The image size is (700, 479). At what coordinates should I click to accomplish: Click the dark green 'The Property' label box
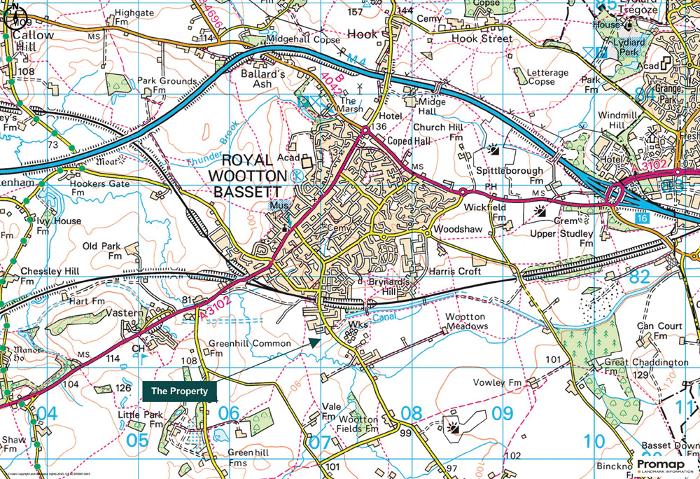tap(180, 391)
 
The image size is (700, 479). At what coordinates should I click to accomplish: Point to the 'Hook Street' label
tap(482, 39)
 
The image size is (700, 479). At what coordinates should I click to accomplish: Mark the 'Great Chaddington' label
tap(646, 362)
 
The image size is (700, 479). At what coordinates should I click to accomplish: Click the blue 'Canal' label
tap(383, 317)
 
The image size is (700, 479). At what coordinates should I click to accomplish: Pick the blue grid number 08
tap(410, 413)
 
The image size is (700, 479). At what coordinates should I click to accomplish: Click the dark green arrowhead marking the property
tap(315, 342)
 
